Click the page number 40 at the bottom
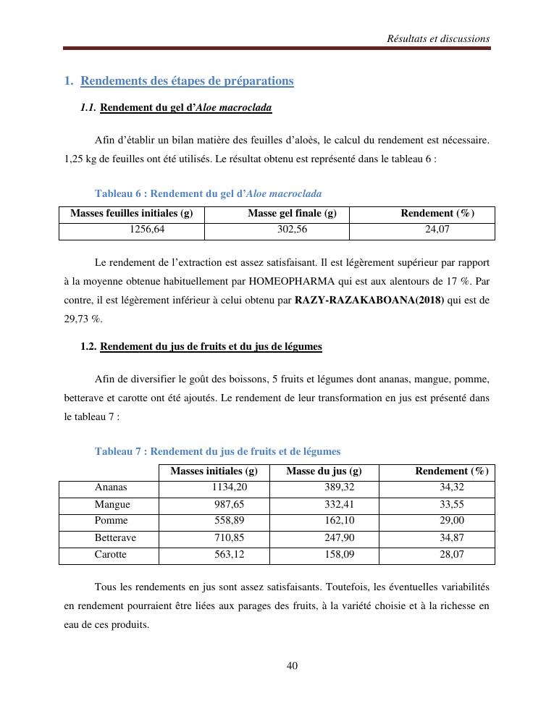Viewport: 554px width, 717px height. [293, 666]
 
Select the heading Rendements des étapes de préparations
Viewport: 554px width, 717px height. [187, 81]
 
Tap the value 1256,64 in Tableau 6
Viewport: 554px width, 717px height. [147, 230]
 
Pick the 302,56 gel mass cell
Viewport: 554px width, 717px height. [292, 230]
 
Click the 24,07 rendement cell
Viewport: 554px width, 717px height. [437, 230]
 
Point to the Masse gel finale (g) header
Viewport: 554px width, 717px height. [292, 214]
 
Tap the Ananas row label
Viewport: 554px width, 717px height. [111, 487]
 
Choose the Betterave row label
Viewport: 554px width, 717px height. [115, 538]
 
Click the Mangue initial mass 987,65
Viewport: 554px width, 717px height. [231, 504]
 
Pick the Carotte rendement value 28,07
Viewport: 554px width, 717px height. [451, 555]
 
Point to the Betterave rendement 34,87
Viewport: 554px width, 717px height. [451, 538]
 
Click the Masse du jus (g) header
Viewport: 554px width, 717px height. [324, 471]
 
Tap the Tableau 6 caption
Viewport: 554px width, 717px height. [208, 194]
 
